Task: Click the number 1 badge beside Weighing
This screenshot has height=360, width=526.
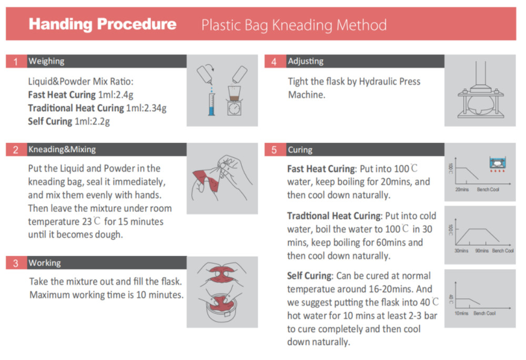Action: click(x=16, y=62)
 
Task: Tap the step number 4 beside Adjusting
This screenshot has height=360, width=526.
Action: click(x=275, y=62)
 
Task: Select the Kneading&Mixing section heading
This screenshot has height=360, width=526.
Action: click(x=62, y=149)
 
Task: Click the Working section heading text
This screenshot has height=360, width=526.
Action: click(x=45, y=263)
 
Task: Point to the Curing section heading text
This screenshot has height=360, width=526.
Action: click(x=300, y=149)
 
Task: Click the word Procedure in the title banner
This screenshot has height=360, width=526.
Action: click(x=137, y=24)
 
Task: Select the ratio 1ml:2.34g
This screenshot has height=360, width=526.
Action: click(x=146, y=108)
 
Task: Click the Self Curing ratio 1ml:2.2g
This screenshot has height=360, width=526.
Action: click(x=92, y=122)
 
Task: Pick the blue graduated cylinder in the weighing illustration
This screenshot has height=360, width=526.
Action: click(x=211, y=104)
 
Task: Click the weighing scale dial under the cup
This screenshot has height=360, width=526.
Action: click(x=234, y=108)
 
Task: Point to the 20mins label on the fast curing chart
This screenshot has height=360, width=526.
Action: click(x=462, y=189)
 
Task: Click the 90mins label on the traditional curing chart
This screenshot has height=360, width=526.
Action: click(x=482, y=251)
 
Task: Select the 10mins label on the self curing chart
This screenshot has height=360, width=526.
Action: click(x=461, y=313)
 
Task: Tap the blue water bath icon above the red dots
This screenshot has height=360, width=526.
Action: click(x=498, y=163)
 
